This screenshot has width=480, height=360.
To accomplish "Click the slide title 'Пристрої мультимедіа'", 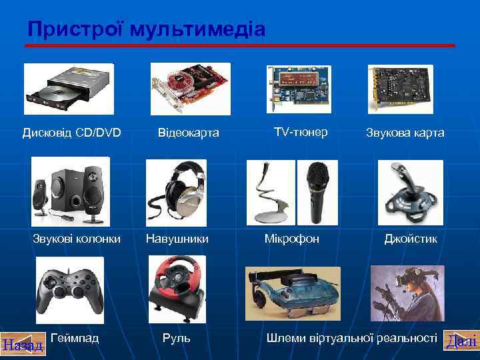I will click(x=147, y=29).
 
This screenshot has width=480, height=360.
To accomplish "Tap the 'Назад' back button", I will click(x=22, y=345).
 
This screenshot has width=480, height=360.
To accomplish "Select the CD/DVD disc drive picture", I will click(x=68, y=89).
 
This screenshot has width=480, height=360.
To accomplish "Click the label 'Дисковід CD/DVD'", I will click(x=72, y=133).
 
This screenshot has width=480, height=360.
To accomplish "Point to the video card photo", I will click(x=190, y=89).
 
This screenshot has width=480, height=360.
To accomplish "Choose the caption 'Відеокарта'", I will click(x=189, y=133).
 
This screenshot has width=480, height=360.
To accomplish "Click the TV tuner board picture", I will click(x=299, y=87).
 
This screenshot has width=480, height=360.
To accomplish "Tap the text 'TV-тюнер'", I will click(x=301, y=132).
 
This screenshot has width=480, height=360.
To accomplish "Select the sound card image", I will click(x=400, y=89).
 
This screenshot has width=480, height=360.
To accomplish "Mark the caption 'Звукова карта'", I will click(x=405, y=133).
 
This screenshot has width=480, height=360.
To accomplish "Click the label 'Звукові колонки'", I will click(x=77, y=238).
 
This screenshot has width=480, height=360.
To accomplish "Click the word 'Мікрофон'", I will click(x=292, y=238).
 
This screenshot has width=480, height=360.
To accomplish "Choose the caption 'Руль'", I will click(x=177, y=339).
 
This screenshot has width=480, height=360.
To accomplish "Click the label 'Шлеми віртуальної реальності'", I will click(x=352, y=339).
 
